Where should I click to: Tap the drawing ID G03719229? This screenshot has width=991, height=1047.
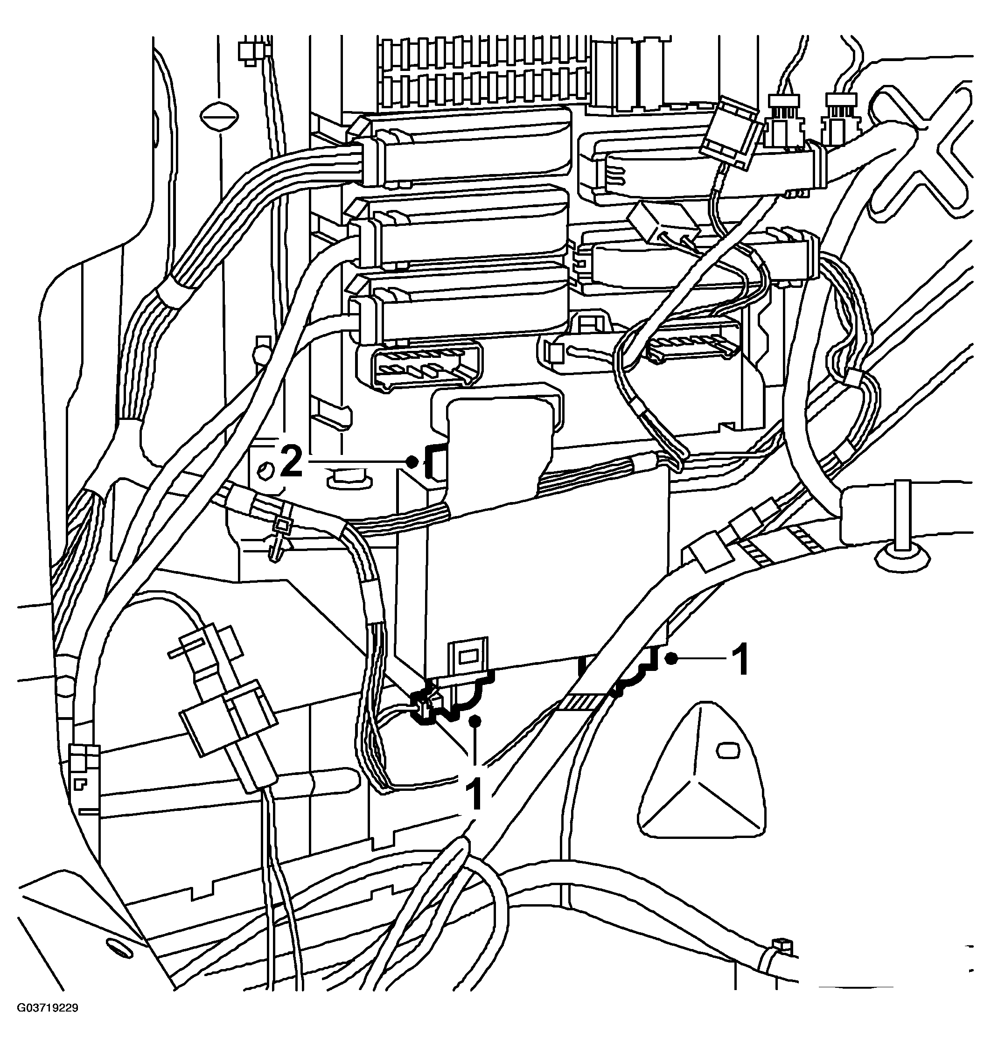[x=48, y=1023]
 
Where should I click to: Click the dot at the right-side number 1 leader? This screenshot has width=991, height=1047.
[x=671, y=658]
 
